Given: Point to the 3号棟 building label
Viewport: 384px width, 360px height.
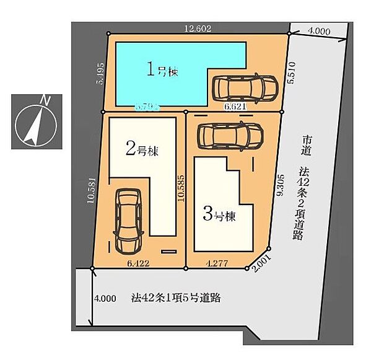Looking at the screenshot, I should point(219,216).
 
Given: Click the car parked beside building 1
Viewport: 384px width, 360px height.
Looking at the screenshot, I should point(245,89).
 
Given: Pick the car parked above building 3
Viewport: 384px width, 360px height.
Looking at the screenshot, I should point(229,134).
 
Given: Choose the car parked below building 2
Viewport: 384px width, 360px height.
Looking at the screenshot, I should point(128,221).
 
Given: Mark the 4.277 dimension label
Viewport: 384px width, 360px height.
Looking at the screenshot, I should point(216,263).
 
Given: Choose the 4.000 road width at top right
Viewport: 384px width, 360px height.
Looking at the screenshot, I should point(318,30).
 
